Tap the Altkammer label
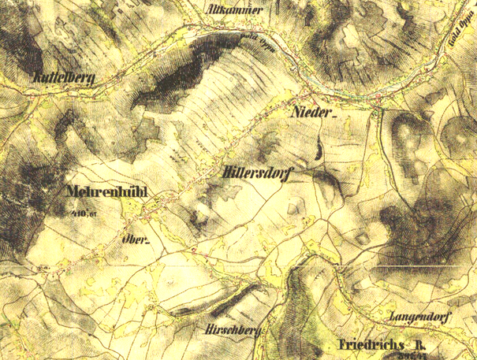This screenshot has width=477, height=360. coord(229,10)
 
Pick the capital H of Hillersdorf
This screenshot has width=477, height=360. coord(227,171)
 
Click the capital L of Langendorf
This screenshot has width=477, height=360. coord(392,316)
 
